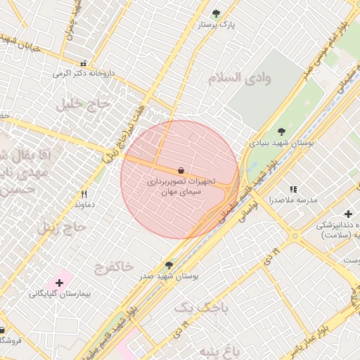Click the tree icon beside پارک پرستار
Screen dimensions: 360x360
coord(216,13)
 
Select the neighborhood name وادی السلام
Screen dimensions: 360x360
coord(239,77)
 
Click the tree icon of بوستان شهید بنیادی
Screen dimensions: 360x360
coord(281,131)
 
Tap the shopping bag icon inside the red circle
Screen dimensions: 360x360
coord(181,170)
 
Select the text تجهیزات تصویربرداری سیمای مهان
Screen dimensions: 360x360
coord(181,186)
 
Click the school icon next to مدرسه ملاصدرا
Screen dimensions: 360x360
coord(293,189)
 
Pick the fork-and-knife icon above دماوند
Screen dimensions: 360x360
coord(84,194)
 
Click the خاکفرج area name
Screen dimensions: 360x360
coord(112,266)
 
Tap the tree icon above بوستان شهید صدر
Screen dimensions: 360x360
coord(168,265)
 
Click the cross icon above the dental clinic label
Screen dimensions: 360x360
coord(348,214)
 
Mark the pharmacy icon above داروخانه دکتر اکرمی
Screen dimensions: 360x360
coord(84,63)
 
